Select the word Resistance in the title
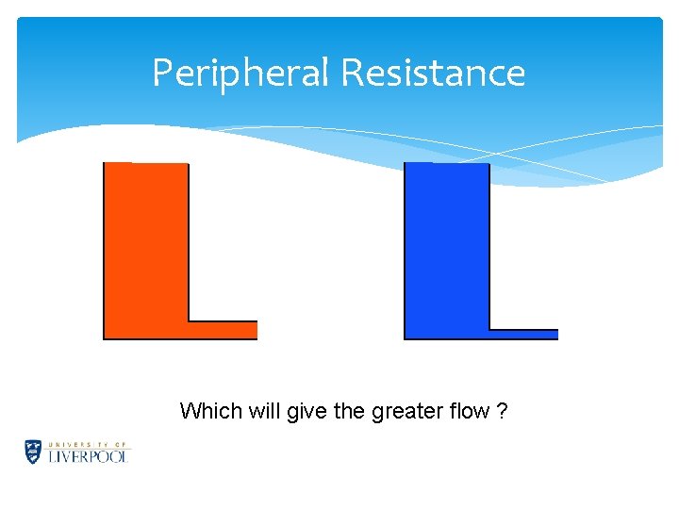pyautogui.click(x=434, y=73)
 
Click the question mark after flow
pyautogui.click(x=503, y=411)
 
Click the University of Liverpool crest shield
pyautogui.click(x=33, y=452)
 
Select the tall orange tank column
pyautogui.click(x=146, y=245)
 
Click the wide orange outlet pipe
pyautogui.click(x=223, y=330)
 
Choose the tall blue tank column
pyautogui.click(x=447, y=245)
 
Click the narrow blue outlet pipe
pyautogui.click(x=523, y=334)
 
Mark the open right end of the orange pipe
pyautogui.click(x=255, y=330)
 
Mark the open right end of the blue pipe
pyautogui.click(x=555, y=334)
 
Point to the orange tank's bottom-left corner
pyautogui.click(x=106, y=337)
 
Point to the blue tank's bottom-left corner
pyautogui.click(x=406, y=337)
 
